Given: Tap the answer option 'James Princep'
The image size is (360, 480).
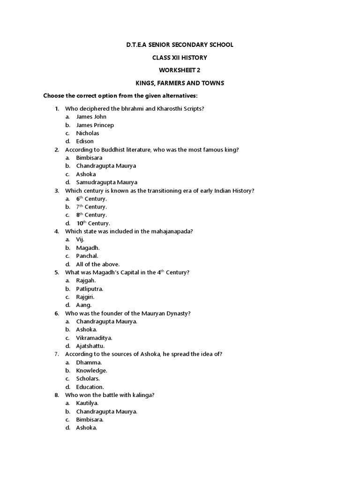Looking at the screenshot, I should coord(95,125).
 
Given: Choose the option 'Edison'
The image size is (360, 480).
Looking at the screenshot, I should coord(85,141).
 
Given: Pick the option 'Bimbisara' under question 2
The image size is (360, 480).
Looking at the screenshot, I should coord(89,157).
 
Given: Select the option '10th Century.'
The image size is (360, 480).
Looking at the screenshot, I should coord(93,223).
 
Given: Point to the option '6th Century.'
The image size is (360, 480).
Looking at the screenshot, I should coord(91,199).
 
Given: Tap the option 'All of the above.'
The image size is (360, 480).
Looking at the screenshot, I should coord(97,264).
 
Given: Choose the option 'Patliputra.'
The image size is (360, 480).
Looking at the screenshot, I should coord(90,289).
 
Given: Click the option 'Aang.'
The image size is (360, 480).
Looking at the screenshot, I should coord(84,305).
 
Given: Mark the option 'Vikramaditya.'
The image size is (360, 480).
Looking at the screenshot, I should coord(94,337).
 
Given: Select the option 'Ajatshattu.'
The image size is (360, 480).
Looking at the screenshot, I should coord(90,346).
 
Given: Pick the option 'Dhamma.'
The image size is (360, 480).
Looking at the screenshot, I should coord(89,362).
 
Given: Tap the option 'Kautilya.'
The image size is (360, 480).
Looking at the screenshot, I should coord(89,403).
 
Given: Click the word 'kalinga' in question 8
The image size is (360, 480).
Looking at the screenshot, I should coord(143,395).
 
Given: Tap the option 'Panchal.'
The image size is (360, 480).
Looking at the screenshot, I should coord(87,256).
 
